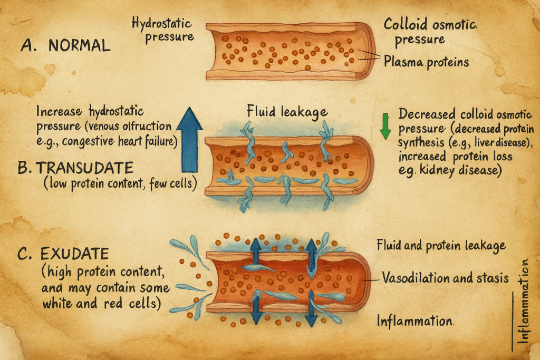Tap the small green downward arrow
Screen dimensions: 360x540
[386, 127]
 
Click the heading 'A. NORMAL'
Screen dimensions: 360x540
[65, 45]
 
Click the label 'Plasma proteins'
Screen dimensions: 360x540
[427, 62]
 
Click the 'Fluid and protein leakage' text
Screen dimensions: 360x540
[441, 245]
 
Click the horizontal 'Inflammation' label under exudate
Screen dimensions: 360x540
[415, 320]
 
